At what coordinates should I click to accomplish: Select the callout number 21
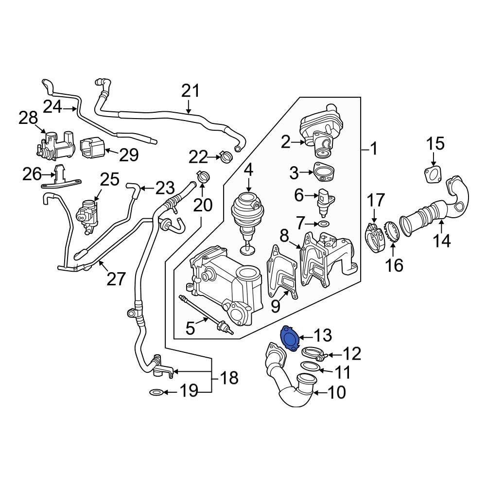[191, 91]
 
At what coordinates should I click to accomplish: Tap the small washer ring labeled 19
[155, 392]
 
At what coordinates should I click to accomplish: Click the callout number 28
[28, 118]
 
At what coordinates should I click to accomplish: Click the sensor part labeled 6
[325, 199]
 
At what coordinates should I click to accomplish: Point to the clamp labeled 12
[311, 354]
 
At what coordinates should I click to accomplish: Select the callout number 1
[373, 149]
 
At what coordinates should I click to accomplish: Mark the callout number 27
[117, 279]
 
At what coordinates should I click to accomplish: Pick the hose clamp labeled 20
[203, 176]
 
